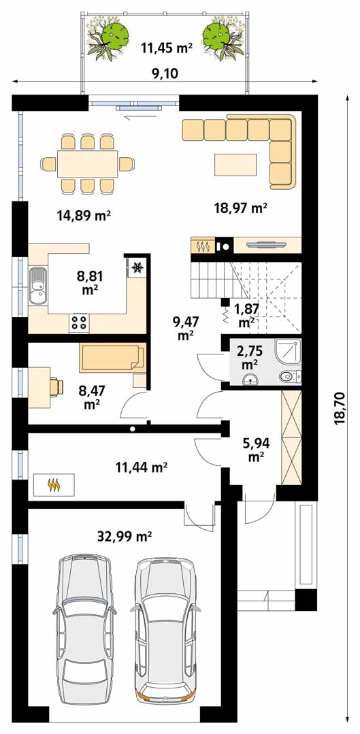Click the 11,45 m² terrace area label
click(x=166, y=47)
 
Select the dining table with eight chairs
click(x=88, y=164)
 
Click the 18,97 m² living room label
click(x=240, y=207)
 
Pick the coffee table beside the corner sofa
click(x=235, y=165)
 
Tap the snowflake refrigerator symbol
click(x=137, y=267)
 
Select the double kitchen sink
click(x=37, y=286)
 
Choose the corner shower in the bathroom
click(x=287, y=352)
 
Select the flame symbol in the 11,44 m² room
click(x=54, y=485)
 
